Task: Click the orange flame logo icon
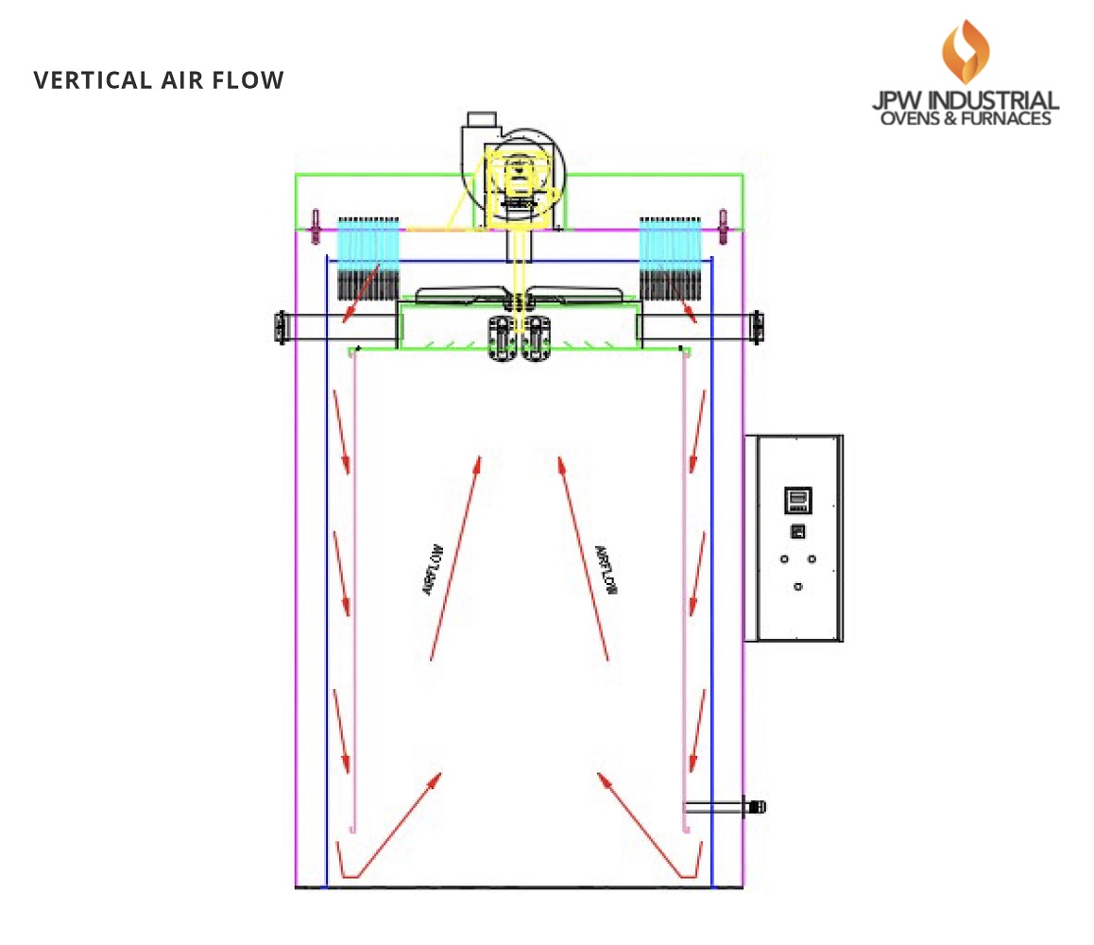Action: click(x=964, y=51)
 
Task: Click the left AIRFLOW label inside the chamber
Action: click(x=433, y=569)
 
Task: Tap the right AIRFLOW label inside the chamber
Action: click(x=606, y=571)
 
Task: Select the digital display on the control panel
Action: click(x=798, y=499)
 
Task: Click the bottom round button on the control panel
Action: click(x=798, y=587)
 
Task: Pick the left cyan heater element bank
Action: click(x=368, y=244)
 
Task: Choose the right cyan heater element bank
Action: click(x=670, y=244)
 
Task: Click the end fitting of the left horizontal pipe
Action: click(x=279, y=326)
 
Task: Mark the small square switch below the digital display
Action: click(x=798, y=531)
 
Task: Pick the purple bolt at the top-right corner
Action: click(x=724, y=223)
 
